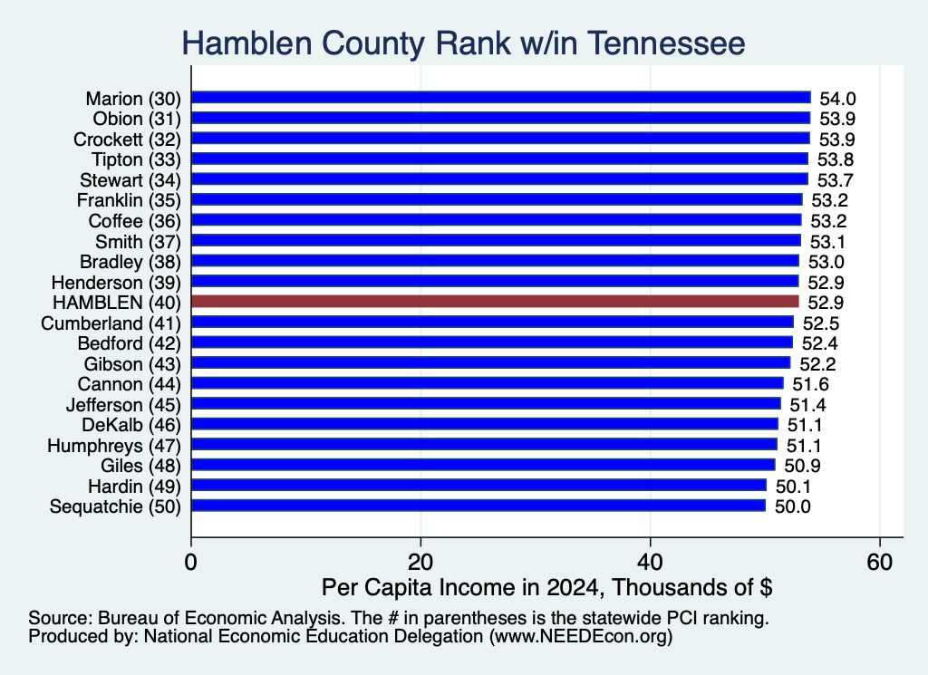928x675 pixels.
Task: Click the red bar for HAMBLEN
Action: tap(495, 302)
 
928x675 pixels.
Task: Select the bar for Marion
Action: tap(500, 98)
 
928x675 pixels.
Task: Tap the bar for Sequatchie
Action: tap(478, 506)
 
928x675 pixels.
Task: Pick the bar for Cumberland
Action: tap(492, 323)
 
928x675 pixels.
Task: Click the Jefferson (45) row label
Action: tap(123, 405)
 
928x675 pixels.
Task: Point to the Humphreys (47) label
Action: tap(114, 446)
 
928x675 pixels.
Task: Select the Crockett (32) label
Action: tap(127, 139)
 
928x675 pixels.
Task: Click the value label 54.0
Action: tap(837, 99)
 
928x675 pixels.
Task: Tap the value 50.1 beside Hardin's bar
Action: tap(793, 487)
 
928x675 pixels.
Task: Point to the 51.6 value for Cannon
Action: tap(810, 384)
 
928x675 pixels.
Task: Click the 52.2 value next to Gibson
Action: tap(817, 364)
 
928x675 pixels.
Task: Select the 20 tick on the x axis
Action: tap(420, 562)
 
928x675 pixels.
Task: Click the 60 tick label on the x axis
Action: tap(879, 562)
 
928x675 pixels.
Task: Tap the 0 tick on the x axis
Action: tap(190, 562)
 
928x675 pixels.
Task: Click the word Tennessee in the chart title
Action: tap(666, 43)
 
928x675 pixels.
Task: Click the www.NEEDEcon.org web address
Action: tap(581, 636)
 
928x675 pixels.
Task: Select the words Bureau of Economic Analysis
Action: tap(222, 618)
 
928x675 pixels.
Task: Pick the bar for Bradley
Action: tap(496, 261)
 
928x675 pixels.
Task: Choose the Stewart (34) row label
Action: tap(130, 179)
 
